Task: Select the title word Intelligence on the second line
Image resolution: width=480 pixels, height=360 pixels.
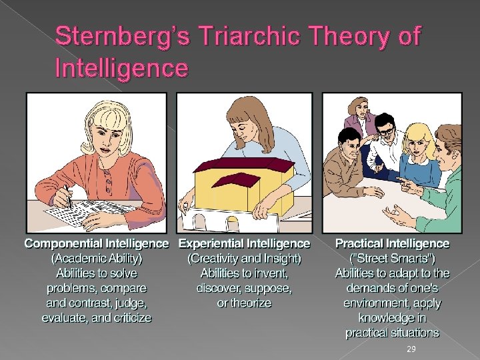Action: [x=122, y=67]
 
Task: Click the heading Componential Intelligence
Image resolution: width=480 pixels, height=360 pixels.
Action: [x=97, y=244]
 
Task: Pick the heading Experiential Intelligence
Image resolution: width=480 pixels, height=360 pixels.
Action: [x=245, y=244]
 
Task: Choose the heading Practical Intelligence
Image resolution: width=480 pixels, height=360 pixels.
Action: [x=392, y=244]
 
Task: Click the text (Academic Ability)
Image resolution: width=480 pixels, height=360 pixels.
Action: [x=97, y=259]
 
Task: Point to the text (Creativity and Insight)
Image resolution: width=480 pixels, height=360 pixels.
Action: [x=245, y=259]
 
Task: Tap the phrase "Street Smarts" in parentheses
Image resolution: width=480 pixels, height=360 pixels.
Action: [x=392, y=259]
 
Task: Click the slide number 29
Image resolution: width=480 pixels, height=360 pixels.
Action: [x=411, y=349]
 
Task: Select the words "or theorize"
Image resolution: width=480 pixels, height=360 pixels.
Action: [x=245, y=303]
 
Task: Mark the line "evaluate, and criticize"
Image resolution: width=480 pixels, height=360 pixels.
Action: [x=97, y=317]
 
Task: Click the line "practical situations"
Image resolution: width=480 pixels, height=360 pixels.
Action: [x=392, y=332]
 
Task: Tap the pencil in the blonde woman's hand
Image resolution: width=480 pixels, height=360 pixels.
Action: [x=68, y=197]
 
